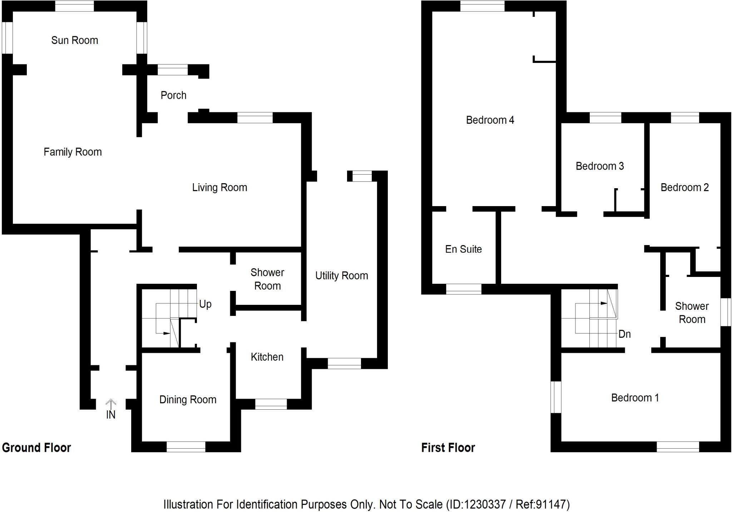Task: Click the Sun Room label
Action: (74, 40)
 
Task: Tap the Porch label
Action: (173, 95)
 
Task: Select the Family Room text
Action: (73, 152)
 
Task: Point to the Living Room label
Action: (219, 187)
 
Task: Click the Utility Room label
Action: (341, 275)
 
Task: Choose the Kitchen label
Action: (267, 357)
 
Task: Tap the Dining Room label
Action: (188, 399)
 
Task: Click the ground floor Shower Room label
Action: (267, 279)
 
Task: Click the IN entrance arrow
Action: (111, 404)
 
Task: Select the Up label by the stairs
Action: (205, 304)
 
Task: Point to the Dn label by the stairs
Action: (624, 334)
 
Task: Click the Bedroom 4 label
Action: (490, 120)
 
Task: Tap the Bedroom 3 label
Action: (599, 166)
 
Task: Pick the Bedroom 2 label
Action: (684, 187)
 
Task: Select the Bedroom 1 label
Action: (635, 398)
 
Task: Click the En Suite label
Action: (463, 249)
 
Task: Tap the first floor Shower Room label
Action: (692, 313)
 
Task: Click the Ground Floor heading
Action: (36, 448)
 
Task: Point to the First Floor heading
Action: (448, 448)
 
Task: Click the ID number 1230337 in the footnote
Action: (484, 504)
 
